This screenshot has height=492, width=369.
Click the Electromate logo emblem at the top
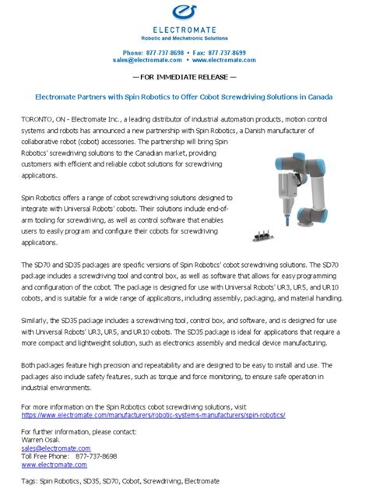tap(184, 14)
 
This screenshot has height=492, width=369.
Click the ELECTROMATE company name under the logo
tap(184, 31)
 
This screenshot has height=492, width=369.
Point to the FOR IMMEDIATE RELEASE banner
tap(184, 78)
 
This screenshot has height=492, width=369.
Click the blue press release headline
tap(184, 97)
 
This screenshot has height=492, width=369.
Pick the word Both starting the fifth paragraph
tap(29, 364)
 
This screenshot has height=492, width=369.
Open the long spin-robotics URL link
tap(153, 415)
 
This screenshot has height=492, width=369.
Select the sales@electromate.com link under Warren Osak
tap(55, 448)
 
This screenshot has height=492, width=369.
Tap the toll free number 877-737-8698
tap(93, 456)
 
